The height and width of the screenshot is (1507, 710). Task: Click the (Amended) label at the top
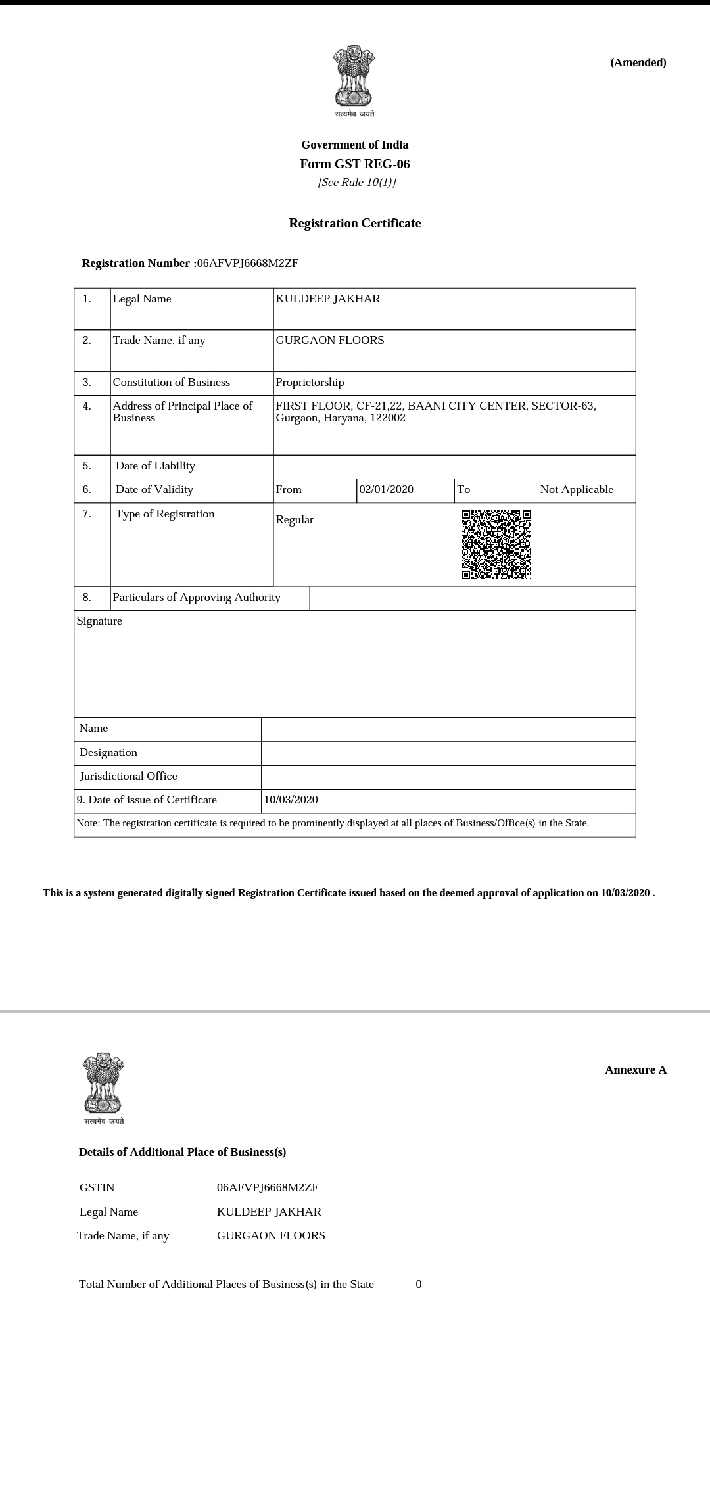pos(638,63)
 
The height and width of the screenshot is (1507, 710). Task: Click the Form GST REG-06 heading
pos(354,164)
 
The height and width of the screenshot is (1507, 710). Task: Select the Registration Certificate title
pos(354,224)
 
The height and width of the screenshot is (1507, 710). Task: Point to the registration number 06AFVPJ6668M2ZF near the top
pos(248,264)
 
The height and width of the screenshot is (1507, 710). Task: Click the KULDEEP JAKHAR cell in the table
pos(327,299)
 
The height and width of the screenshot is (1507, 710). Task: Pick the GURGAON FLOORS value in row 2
pos(330,341)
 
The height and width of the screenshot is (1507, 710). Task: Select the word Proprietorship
pos(310,383)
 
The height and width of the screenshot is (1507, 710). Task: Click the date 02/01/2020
pos(387,490)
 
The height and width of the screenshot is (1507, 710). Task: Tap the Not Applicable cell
pos(577,490)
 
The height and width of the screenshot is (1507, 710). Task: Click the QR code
pos(496,544)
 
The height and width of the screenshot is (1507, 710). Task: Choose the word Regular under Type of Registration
pos(295,520)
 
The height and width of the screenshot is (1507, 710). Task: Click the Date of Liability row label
pos(155,466)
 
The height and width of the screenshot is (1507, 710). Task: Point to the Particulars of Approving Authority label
pos(197,598)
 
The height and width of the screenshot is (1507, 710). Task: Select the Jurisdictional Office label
pos(128,777)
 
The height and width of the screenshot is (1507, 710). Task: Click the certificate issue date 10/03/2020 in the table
pos(291,800)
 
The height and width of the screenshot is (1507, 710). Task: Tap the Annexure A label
pos(635,1070)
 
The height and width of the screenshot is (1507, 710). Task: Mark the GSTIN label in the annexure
pos(97,1188)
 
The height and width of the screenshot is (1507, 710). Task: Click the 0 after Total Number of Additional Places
pos(419,1285)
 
